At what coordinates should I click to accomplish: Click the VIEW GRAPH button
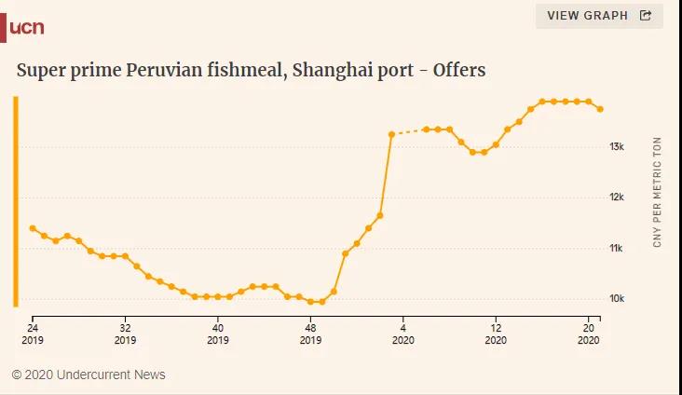click(x=599, y=15)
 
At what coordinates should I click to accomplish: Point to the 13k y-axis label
click(x=617, y=147)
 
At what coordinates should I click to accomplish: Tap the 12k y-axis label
click(x=617, y=197)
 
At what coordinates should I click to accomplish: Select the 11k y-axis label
click(x=617, y=249)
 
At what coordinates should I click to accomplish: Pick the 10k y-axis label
click(x=617, y=299)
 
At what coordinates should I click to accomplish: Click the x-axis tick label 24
click(x=32, y=328)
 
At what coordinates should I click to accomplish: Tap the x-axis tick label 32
click(x=125, y=328)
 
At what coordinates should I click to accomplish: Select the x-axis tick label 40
click(x=218, y=328)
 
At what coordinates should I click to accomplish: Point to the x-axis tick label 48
click(x=310, y=328)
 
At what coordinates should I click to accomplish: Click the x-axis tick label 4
click(x=403, y=328)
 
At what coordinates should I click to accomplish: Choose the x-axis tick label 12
click(x=496, y=328)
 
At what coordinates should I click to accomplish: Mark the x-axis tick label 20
click(x=589, y=328)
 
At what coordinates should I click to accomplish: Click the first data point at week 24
click(x=33, y=228)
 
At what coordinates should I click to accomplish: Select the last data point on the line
click(x=600, y=109)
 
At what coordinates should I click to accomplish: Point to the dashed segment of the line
click(x=408, y=132)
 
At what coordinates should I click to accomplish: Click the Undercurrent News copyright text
click(x=89, y=375)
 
